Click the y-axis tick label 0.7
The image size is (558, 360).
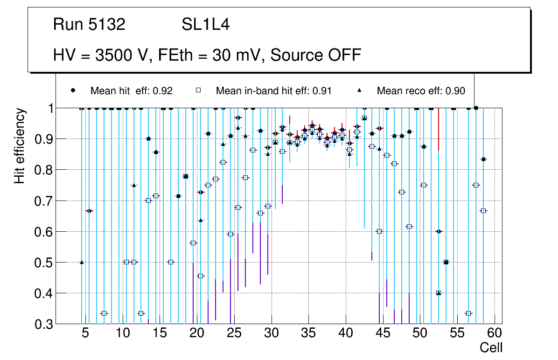[42, 201]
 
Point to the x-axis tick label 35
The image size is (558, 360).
[308, 333]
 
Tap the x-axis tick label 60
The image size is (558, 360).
[495, 333]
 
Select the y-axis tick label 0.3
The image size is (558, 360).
[42, 324]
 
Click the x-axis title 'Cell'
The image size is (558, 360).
[491, 348]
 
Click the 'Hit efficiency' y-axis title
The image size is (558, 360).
[20, 145]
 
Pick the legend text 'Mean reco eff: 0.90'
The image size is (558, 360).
[421, 91]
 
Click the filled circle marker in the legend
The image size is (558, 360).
[73, 90]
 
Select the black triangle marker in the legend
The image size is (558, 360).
[359, 90]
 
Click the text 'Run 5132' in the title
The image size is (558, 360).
[89, 25]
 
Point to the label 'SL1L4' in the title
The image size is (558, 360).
[205, 25]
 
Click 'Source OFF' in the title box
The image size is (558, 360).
[316, 55]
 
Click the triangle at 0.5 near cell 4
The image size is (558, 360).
[82, 262]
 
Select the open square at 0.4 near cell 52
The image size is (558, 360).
[439, 293]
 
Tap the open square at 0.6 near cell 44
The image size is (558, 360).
[379, 231]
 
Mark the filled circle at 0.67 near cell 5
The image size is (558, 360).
[89, 211]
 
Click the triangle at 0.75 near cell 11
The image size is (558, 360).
[134, 185]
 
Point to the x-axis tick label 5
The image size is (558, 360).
[85, 333]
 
